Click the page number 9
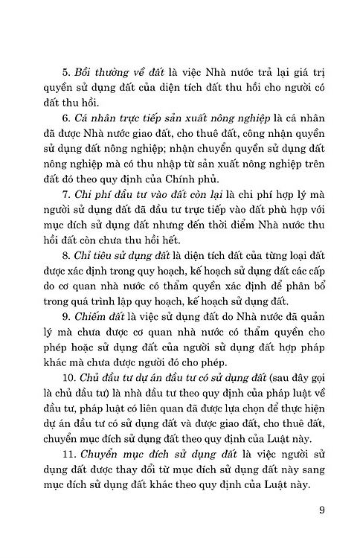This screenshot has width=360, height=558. (x=322, y=510)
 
